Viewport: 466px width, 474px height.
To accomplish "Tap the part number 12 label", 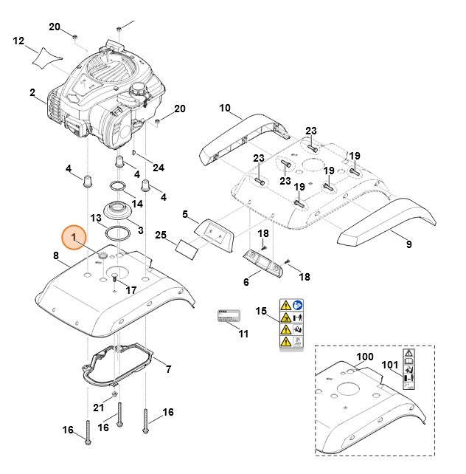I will pyautogui.click(x=19, y=41).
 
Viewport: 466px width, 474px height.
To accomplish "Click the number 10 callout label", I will pyautogui.click(x=224, y=109).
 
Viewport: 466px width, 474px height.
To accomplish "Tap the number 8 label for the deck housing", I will pyautogui.click(x=56, y=255).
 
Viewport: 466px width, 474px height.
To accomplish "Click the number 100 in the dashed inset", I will pyautogui.click(x=365, y=357).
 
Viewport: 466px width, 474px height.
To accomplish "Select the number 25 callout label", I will pyautogui.click(x=161, y=235).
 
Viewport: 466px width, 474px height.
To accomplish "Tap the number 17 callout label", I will pyautogui.click(x=131, y=290).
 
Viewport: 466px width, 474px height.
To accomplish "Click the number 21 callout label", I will pyautogui.click(x=99, y=408).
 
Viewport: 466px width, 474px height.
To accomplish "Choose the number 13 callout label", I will pyautogui.click(x=96, y=219).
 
